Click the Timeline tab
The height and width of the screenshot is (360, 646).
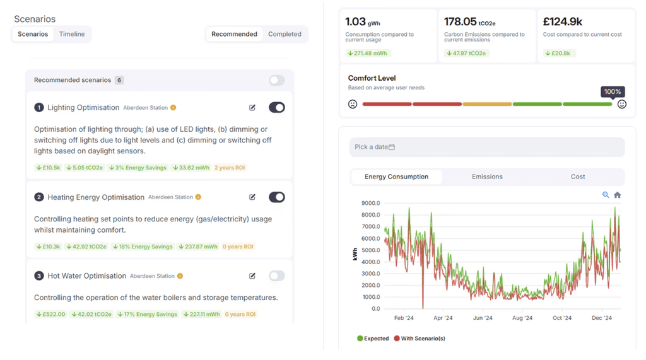(x=72, y=34)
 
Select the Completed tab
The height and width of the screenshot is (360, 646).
(x=285, y=34)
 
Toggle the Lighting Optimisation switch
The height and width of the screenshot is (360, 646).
(x=277, y=108)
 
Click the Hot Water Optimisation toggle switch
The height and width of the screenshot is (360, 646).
(x=277, y=276)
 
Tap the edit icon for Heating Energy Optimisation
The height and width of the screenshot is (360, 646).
(x=252, y=197)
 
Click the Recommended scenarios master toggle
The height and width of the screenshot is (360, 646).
(x=277, y=80)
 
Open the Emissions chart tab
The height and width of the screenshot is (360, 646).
(x=487, y=177)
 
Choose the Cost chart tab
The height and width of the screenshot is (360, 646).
(x=578, y=177)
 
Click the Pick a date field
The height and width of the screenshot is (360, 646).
(x=487, y=147)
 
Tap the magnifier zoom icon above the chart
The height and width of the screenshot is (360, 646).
(x=606, y=195)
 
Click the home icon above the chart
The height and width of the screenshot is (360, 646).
(x=617, y=195)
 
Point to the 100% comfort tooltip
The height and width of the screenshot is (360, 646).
(x=613, y=92)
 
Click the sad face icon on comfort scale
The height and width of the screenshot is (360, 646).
(x=353, y=104)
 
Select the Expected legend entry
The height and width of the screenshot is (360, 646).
(x=373, y=339)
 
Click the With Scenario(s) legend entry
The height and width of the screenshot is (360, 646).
(x=420, y=339)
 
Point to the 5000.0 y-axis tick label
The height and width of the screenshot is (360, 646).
(x=370, y=250)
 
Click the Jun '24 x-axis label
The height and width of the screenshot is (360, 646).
(x=483, y=318)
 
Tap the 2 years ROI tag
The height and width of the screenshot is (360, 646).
(x=230, y=168)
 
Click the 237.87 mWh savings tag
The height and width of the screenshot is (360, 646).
(x=198, y=247)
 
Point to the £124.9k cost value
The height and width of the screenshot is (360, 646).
(x=563, y=21)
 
